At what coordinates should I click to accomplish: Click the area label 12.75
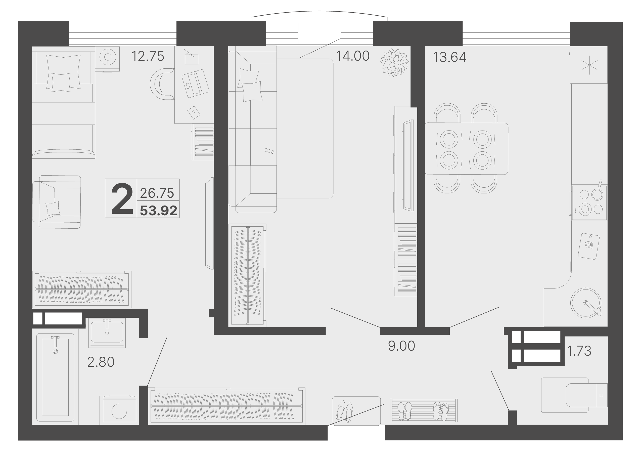click(148, 56)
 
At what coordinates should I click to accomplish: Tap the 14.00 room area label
click(353, 56)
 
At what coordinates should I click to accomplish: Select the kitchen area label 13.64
click(450, 57)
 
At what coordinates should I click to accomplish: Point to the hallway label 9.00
click(401, 346)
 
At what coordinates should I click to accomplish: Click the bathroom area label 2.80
click(101, 362)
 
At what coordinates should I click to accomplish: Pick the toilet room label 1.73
click(579, 351)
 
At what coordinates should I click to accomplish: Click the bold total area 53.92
click(158, 211)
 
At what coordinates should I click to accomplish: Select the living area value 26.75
click(157, 193)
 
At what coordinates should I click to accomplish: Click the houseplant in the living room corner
click(394, 62)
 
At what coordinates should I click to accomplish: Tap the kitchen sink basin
click(586, 303)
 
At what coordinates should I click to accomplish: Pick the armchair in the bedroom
click(57, 202)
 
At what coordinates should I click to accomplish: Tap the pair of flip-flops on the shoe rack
click(441, 411)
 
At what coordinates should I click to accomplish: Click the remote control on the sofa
click(269, 151)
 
